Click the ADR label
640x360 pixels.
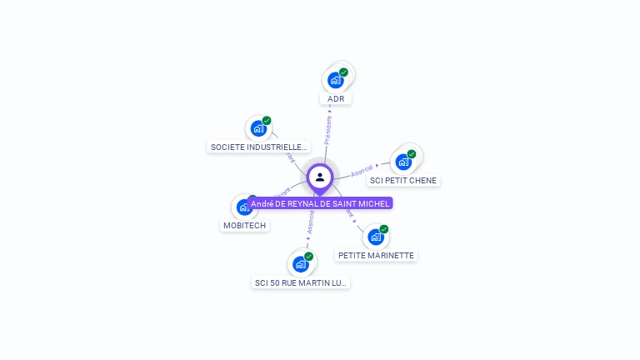click(x=336, y=99)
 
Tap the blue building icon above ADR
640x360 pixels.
click(x=335, y=80)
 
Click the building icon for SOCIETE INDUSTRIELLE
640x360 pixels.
click(x=258, y=128)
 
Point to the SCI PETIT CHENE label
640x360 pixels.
click(x=403, y=181)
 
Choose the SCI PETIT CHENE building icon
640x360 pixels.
click(x=403, y=162)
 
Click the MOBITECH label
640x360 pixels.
click(x=245, y=226)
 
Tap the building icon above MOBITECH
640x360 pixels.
click(x=243, y=207)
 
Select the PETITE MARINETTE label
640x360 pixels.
click(x=376, y=256)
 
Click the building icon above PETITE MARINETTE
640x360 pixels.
click(x=375, y=237)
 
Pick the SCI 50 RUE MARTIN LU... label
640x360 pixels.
click(x=301, y=283)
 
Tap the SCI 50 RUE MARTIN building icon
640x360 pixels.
click(x=300, y=264)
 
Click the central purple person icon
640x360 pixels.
click(x=320, y=177)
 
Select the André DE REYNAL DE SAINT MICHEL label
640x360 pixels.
click(x=320, y=203)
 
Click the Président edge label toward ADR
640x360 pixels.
click(x=328, y=129)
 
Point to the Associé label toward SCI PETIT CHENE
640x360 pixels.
click(x=362, y=170)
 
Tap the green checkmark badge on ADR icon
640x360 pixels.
click(x=343, y=72)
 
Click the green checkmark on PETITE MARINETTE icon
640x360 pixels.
click(x=383, y=229)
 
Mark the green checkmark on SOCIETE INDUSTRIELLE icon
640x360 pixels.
click(x=267, y=121)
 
